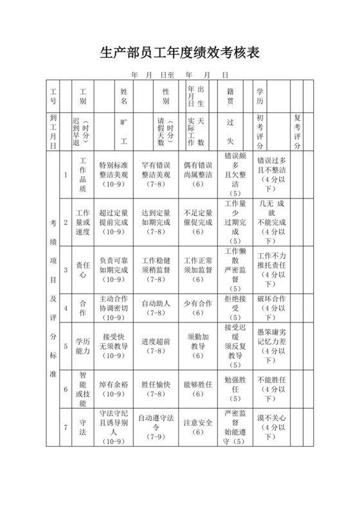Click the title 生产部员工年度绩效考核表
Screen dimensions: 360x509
coord(180,52)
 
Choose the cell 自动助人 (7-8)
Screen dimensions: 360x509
coord(156,308)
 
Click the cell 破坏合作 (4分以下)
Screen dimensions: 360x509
coord(271,308)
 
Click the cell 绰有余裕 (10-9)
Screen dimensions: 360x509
coord(114,389)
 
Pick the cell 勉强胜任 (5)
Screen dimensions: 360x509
coord(234,389)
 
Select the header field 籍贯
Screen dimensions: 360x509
coord(230,96)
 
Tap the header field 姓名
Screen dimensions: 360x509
coord(124,96)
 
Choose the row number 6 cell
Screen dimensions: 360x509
coord(66,389)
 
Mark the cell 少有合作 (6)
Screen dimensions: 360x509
coord(197,308)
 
